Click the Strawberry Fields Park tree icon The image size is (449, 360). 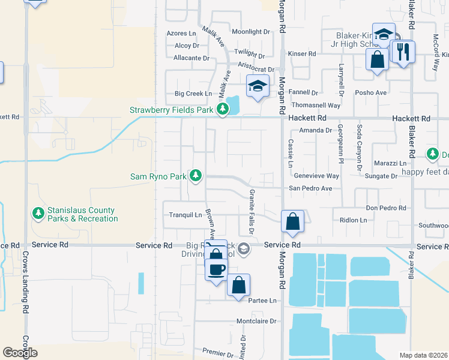tap(223, 109)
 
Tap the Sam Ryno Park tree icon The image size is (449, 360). tap(195, 176)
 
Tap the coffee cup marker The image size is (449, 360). tap(217, 269)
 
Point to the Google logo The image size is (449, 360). tap(20, 352)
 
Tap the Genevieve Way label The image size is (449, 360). tap(316, 176)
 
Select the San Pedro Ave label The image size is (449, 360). tap(311, 188)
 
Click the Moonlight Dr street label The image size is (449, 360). tap(251, 32)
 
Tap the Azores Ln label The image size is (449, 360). tap(182, 34)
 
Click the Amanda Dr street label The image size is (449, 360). tap(316, 130)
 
